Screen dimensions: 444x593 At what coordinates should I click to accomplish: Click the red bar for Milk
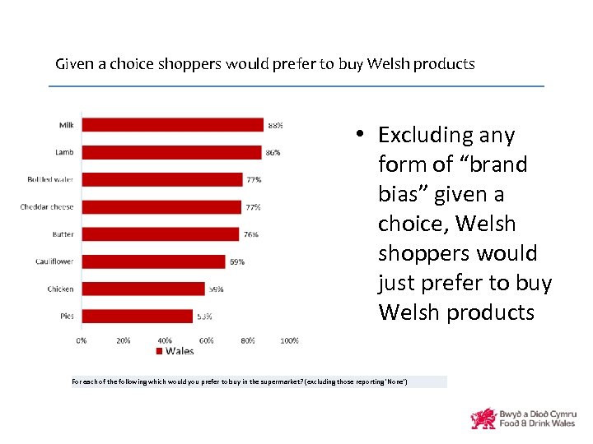pyautogui.click(x=173, y=125)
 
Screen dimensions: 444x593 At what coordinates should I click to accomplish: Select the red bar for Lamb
pyautogui.click(x=171, y=152)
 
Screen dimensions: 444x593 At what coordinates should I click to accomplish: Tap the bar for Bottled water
pyautogui.click(x=161, y=179)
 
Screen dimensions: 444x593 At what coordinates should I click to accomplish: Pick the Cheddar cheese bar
pyautogui.click(x=161, y=206)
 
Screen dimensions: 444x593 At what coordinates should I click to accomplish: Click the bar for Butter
pyautogui.click(x=161, y=234)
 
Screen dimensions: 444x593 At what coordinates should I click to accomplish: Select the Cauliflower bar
pyautogui.click(x=153, y=261)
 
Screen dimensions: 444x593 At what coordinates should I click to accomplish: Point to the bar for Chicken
pyautogui.click(x=143, y=289)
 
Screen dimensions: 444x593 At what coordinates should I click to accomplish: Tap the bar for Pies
pyautogui.click(x=137, y=316)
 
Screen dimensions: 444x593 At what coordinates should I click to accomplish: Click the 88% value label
pyautogui.click(x=275, y=126)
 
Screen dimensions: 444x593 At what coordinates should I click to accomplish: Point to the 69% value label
pyautogui.click(x=236, y=262)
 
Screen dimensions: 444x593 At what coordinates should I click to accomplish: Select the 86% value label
pyautogui.click(x=273, y=153)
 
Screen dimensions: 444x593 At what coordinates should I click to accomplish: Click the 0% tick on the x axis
pyautogui.click(x=82, y=340)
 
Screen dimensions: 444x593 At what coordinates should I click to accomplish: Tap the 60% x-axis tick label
pyautogui.click(x=207, y=340)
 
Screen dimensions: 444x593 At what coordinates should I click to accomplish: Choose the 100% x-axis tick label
pyautogui.click(x=289, y=340)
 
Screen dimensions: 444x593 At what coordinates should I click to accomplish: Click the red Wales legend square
pyautogui.click(x=160, y=351)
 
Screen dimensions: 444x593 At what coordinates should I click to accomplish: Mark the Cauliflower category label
pyautogui.click(x=54, y=261)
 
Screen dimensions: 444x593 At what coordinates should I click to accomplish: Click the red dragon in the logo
pyautogui.click(x=483, y=419)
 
